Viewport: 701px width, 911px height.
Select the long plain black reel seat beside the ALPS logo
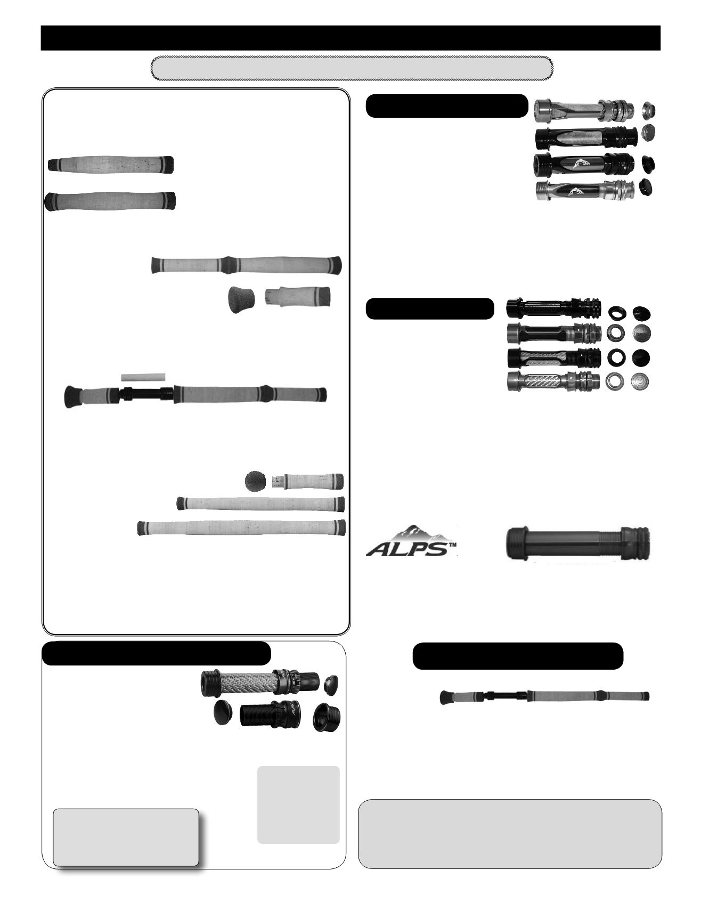(x=578, y=544)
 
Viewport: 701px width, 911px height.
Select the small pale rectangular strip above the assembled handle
(x=143, y=377)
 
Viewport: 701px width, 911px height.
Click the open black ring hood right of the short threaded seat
(x=325, y=717)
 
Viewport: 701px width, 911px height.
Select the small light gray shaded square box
(x=298, y=804)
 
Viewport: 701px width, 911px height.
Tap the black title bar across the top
(x=350, y=37)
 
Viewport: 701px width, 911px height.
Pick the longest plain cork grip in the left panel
(x=241, y=528)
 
